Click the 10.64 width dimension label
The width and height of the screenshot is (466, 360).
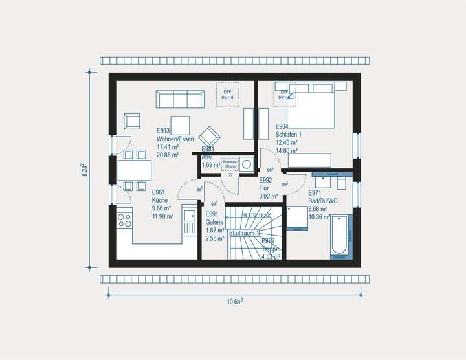click(234, 301)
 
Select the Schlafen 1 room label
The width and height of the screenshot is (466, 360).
click(288, 134)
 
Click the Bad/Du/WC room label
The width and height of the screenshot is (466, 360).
click(323, 201)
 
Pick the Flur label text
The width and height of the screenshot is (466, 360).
click(265, 188)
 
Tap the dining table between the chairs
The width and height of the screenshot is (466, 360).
click(134, 170)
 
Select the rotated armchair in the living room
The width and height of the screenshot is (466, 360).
click(210, 137)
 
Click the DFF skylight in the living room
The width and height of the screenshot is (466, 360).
click(227, 95)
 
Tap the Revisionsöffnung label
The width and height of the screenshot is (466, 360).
click(230, 164)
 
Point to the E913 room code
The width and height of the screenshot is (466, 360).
click(163, 130)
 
